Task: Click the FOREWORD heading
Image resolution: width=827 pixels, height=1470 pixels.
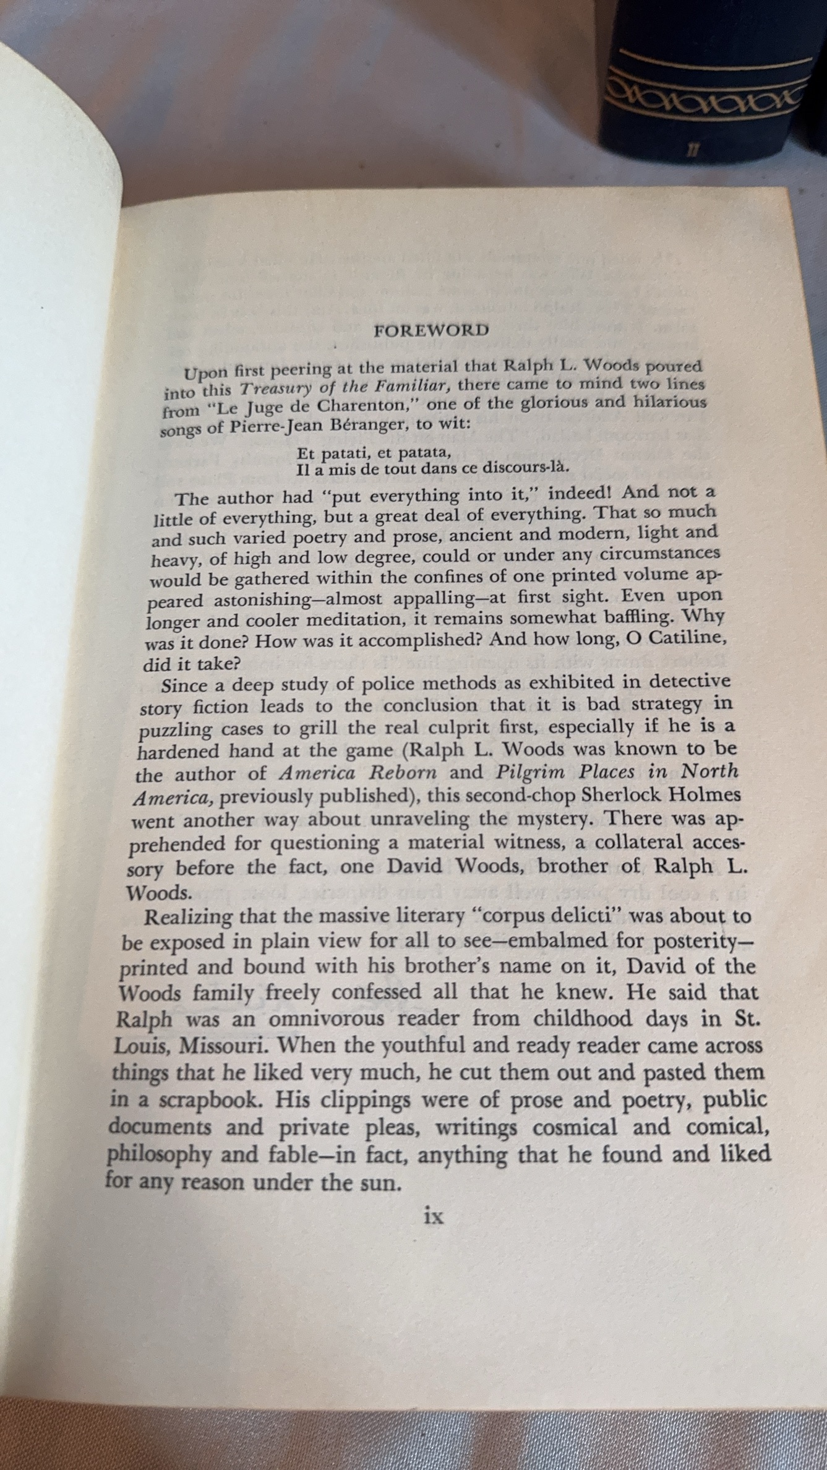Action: [431, 330]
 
